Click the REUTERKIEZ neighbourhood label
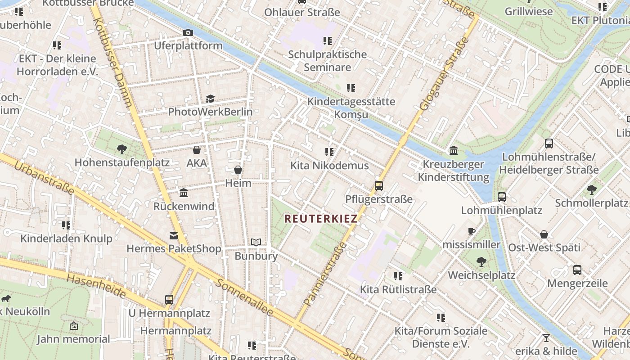[321, 219]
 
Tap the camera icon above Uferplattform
[188, 32]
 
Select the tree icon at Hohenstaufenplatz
[121, 149]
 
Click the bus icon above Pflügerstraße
[379, 186]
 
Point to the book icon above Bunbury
[256, 243]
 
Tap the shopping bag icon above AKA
[197, 150]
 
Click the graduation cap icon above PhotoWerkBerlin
[210, 99]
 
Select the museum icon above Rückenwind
[184, 193]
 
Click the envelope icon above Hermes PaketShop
[173, 235]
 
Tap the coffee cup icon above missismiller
[471, 232]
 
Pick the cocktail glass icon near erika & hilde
[546, 337]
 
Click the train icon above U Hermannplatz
[169, 299]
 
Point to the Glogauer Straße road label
[444, 74]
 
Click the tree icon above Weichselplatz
[481, 261]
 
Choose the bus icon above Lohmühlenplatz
[501, 197]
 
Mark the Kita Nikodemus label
[329, 166]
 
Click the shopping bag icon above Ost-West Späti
[544, 234]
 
